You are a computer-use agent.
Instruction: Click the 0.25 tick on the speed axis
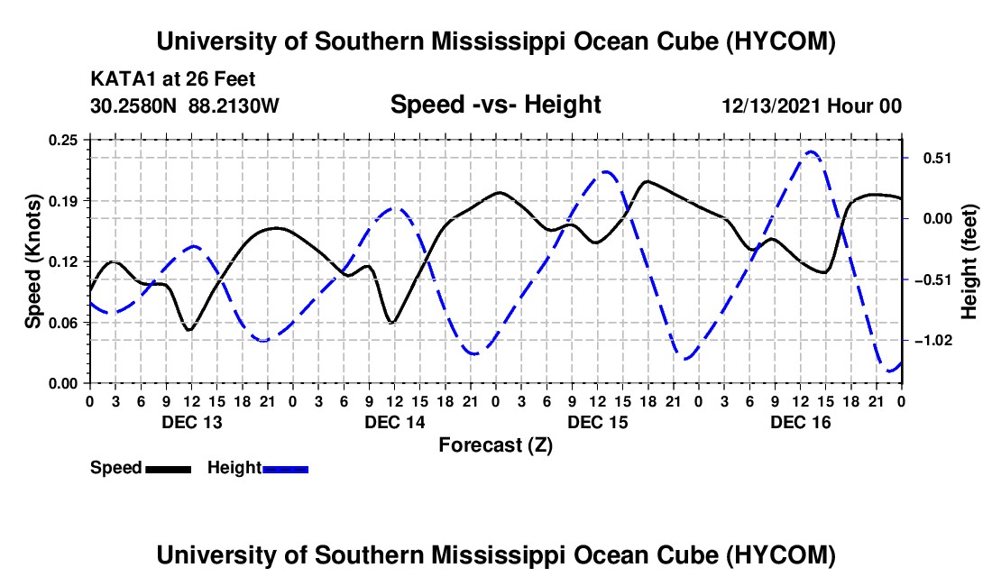[x=63, y=140]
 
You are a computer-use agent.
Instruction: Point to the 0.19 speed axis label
[x=63, y=201]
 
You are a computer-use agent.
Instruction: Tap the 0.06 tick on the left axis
[x=63, y=323]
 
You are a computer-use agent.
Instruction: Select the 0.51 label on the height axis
[x=938, y=158]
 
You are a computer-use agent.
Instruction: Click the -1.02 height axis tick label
[x=933, y=341]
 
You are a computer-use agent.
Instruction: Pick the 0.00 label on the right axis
[x=938, y=219]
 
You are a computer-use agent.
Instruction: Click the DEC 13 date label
[x=192, y=422]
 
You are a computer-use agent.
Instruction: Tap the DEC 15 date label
[x=598, y=422]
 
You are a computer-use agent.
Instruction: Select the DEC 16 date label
[x=800, y=422]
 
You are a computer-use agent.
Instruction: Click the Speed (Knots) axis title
[x=32, y=261]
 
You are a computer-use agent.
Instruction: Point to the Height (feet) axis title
[x=969, y=261]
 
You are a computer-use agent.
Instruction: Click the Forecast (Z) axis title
[x=496, y=445]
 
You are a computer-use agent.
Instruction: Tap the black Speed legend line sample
[x=169, y=469]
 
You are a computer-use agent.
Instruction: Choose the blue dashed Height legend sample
[x=285, y=469]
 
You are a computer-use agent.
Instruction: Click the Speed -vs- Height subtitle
[x=495, y=105]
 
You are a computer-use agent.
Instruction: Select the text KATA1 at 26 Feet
[x=173, y=79]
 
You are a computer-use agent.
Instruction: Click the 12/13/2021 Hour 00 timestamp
[x=812, y=105]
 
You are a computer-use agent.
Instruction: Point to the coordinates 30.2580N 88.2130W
[x=184, y=105]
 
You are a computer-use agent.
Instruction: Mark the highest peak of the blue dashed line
[x=811, y=151]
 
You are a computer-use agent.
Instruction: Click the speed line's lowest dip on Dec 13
[x=188, y=329]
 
